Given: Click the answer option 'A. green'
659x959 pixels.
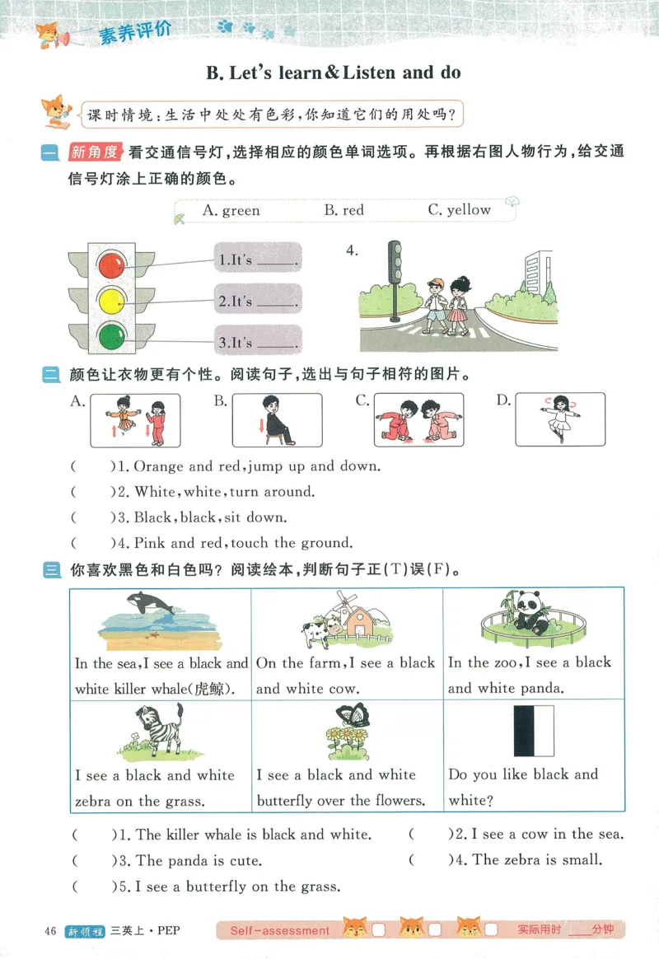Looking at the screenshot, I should pyautogui.click(x=231, y=211).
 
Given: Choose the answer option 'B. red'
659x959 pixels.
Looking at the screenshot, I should pyautogui.click(x=344, y=211).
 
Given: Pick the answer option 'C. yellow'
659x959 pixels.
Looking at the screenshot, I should pyautogui.click(x=459, y=210).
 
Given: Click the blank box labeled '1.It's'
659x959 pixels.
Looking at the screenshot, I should pyautogui.click(x=258, y=260).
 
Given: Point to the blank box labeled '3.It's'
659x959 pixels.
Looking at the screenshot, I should pyautogui.click(x=258, y=341).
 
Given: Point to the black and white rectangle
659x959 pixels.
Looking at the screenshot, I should pyautogui.click(x=533, y=731).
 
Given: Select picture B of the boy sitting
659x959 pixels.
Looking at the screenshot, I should pyautogui.click(x=277, y=420).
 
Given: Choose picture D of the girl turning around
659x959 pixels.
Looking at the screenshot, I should pyautogui.click(x=560, y=419).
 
